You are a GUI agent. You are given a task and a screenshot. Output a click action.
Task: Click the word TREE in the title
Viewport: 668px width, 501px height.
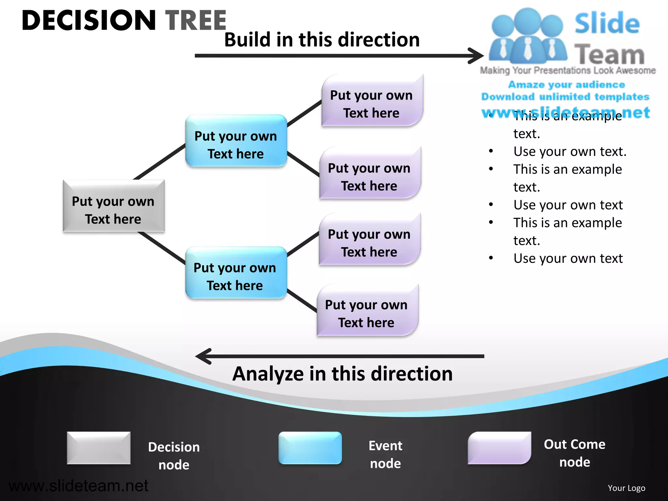[x=196, y=21]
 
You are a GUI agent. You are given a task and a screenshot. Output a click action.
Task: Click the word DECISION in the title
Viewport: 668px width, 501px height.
[x=89, y=21]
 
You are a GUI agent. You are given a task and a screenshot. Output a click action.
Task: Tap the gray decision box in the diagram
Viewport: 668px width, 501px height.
[x=113, y=206]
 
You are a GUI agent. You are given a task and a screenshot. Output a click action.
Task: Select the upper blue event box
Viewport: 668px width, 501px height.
[x=236, y=141]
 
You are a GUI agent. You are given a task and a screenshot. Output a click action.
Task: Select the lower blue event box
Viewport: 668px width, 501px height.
[x=235, y=273]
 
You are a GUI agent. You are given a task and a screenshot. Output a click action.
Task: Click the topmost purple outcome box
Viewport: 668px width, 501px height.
[x=372, y=101]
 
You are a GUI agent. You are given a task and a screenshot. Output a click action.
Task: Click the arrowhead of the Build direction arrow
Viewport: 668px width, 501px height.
[x=477, y=56]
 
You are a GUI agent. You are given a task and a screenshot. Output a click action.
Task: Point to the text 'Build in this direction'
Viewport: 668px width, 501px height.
[x=322, y=39]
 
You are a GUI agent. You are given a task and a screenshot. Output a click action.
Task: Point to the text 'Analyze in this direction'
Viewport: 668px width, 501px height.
[x=342, y=374]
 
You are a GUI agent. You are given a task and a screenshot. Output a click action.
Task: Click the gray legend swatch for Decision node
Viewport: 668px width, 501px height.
[x=99, y=448]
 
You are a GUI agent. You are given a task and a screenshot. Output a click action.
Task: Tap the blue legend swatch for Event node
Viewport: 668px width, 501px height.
[x=310, y=448]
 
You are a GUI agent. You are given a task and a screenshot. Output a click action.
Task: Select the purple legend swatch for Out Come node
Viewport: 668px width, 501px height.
[x=499, y=448]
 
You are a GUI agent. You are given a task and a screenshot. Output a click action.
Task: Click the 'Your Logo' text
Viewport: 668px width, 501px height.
[x=626, y=488]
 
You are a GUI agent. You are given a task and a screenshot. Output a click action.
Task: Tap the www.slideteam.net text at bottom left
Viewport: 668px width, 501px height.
[x=78, y=486]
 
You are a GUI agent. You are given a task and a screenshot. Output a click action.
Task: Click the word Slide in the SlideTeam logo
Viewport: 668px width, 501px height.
[x=607, y=23]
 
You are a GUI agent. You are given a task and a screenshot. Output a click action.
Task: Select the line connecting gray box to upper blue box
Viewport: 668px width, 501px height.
[x=159, y=162]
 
